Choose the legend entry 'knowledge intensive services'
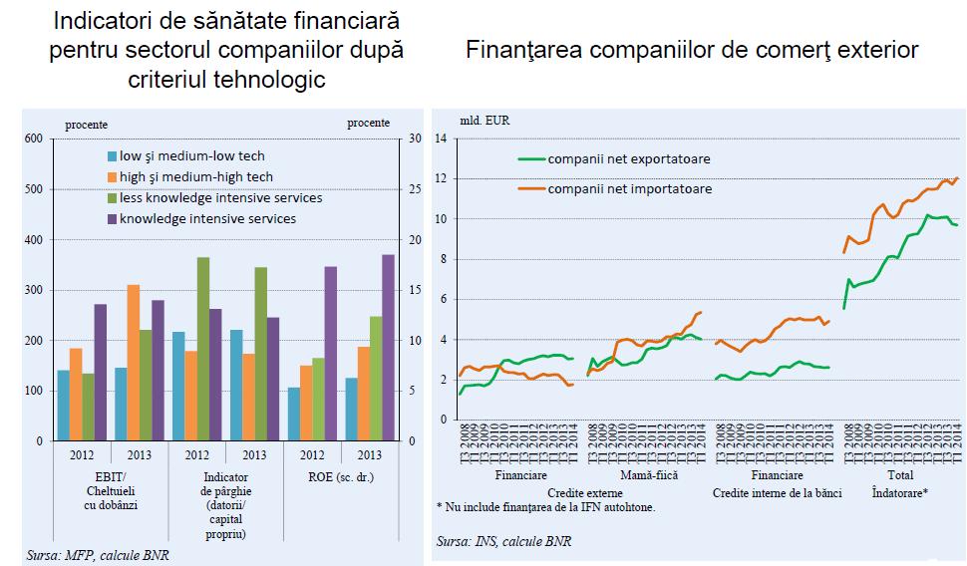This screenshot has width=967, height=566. point(207,218)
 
